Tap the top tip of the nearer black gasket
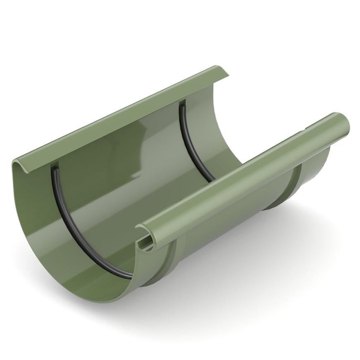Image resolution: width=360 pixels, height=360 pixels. point(54,168)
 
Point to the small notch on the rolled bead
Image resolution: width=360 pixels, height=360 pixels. point(307,129)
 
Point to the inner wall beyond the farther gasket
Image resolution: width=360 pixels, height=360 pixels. point(207,124)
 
